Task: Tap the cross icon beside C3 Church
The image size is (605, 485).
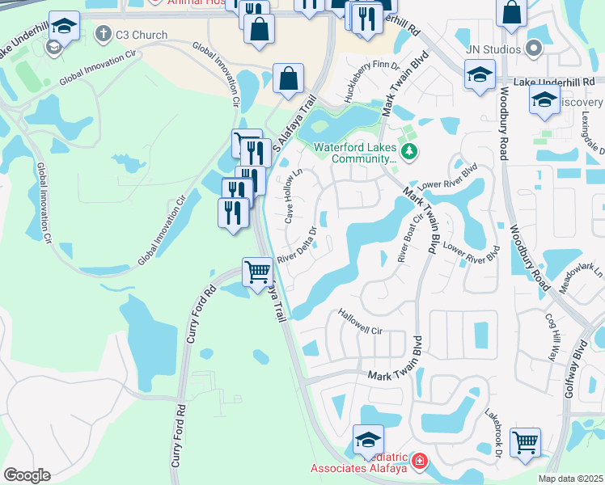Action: click(102, 34)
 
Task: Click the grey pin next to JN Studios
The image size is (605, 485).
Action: click(533, 50)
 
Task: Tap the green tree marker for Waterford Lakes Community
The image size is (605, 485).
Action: click(410, 151)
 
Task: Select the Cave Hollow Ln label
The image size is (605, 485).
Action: click(293, 196)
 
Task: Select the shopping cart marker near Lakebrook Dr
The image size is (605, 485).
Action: click(526, 443)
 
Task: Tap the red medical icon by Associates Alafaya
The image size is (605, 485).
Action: click(419, 462)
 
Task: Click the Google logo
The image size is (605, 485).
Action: click(27, 475)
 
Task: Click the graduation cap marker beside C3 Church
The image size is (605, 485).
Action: click(64, 27)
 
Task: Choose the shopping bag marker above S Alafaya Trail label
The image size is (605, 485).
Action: click(288, 78)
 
